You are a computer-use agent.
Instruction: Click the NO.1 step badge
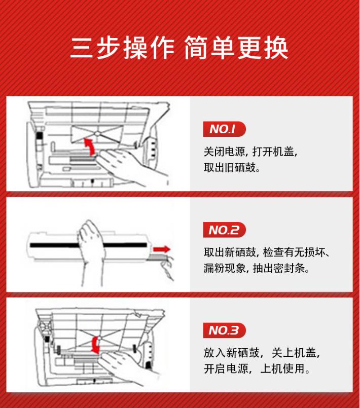click(x=225, y=129)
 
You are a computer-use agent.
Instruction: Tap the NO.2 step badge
click(x=225, y=230)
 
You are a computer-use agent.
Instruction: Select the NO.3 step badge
click(x=225, y=330)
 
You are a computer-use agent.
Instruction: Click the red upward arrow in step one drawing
click(x=90, y=147)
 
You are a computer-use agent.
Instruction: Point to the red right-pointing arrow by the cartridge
click(x=162, y=250)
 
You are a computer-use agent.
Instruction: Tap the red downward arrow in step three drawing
click(x=96, y=345)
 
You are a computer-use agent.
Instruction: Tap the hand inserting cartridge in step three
click(x=125, y=367)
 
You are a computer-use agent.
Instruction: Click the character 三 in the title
click(x=82, y=48)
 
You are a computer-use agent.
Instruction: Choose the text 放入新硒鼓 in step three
click(x=231, y=353)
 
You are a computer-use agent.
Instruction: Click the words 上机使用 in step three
click(x=282, y=368)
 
